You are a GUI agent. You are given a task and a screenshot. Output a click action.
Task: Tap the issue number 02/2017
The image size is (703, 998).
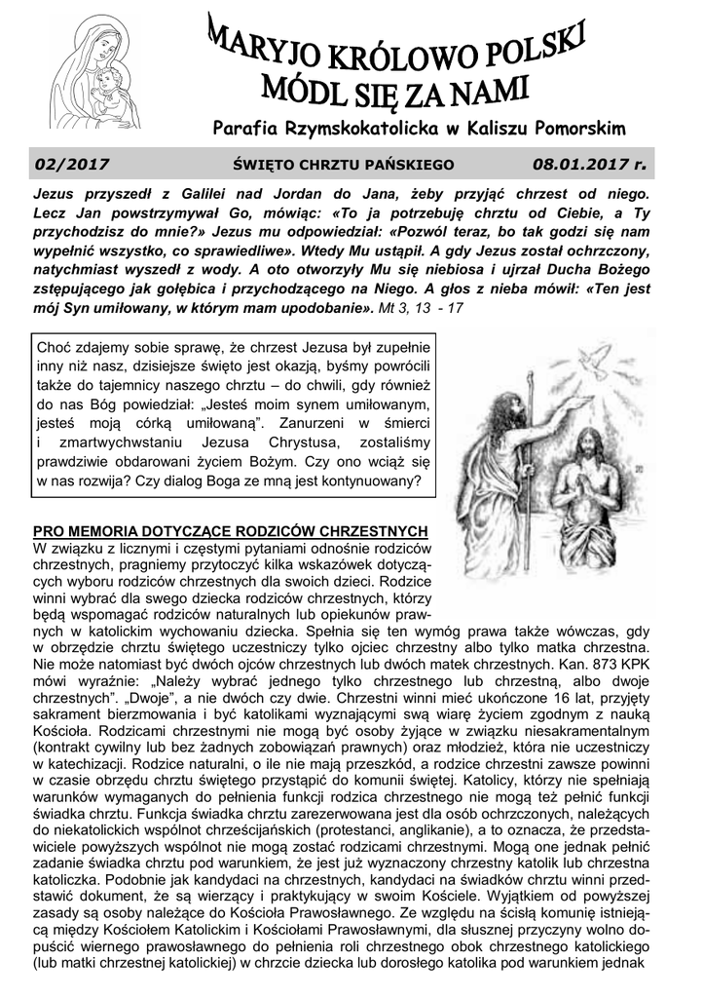pos(71,166)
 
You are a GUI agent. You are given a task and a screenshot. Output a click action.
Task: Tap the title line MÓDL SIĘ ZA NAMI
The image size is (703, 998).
pos(395,95)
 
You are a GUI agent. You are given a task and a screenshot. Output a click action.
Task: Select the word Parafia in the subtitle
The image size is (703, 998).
pos(246,129)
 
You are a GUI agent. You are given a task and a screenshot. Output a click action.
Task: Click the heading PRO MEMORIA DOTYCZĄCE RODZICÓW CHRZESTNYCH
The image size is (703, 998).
pos(231,531)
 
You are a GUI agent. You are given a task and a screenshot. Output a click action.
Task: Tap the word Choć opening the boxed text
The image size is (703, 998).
pos(54,347)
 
